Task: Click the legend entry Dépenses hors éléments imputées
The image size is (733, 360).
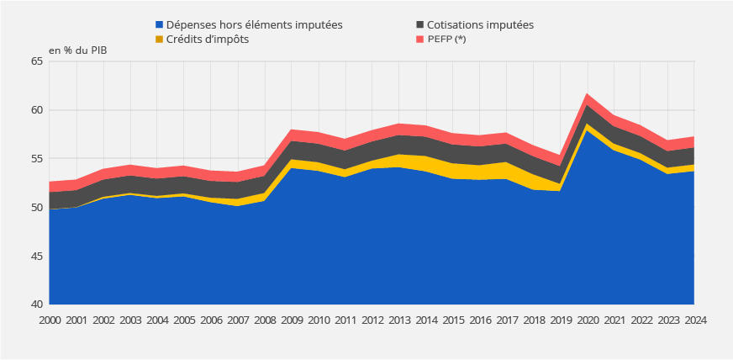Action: [254, 25]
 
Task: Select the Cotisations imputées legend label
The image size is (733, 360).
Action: [480, 25]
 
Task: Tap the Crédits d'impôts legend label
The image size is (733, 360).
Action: [208, 40]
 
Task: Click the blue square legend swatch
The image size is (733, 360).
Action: [160, 25]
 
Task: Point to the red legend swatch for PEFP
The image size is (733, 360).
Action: [420, 40]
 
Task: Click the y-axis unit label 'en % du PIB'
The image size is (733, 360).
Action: [78, 50]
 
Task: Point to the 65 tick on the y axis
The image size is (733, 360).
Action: [36, 61]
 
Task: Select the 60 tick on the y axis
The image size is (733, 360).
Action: [36, 110]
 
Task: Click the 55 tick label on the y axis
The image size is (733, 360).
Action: [36, 159]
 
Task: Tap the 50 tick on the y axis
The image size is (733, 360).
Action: [36, 208]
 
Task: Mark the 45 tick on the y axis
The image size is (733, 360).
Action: [36, 256]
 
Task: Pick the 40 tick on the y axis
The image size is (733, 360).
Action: [36, 304]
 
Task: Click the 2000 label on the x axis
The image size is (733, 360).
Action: [50, 320]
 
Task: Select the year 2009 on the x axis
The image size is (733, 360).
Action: [292, 320]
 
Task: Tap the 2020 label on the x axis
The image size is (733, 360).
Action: [587, 320]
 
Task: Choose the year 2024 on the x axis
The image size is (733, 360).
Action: [694, 320]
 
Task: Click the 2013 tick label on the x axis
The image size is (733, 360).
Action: [399, 320]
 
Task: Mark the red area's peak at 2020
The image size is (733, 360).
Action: [588, 94]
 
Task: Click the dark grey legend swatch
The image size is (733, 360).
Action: [420, 25]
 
